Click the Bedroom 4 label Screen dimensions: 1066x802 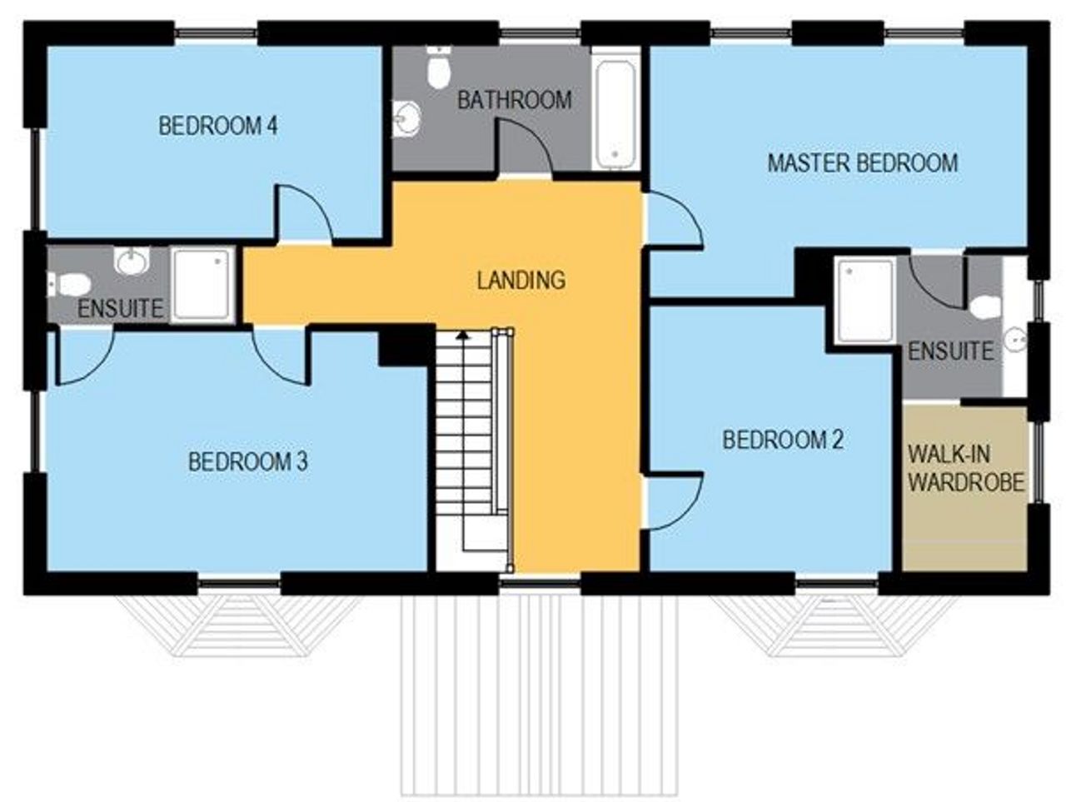pos(218,127)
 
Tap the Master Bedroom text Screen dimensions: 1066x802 pos(862,162)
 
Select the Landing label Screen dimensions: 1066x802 pos(521,280)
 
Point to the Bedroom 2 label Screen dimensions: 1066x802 pos(782,440)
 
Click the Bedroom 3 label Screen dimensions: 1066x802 pos(247,461)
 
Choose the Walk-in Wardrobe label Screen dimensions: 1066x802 pos(965,469)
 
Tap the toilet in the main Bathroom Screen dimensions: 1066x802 pos(439,68)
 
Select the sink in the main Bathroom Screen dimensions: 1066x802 pos(407,118)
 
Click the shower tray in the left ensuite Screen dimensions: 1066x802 pos(202,285)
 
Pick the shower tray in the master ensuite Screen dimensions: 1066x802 pos(864,300)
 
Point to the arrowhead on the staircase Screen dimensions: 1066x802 pos(465,334)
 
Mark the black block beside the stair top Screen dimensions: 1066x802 pos(406,345)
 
